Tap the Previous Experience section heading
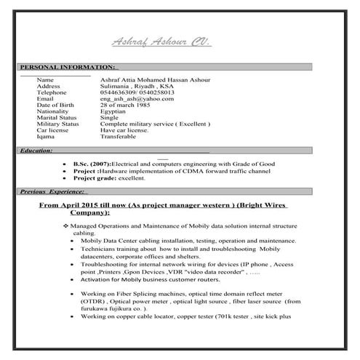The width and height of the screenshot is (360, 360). [x=52, y=191]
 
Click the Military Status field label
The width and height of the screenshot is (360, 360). [x=57, y=124]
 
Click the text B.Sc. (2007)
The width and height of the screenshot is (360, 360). [x=92, y=164]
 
